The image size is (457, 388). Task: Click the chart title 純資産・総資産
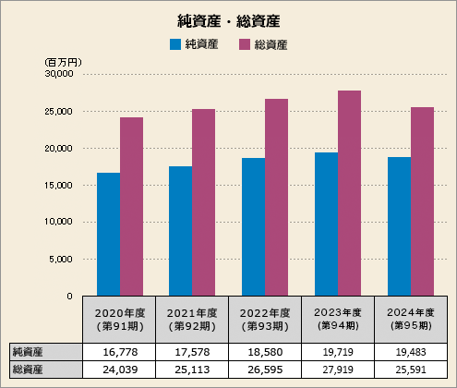tap(228, 19)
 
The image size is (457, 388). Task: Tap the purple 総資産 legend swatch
tap(246, 44)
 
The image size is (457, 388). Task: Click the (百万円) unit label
tap(63, 61)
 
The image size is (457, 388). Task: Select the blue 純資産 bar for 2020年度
tap(108, 234)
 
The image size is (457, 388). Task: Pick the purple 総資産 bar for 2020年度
tap(131, 206)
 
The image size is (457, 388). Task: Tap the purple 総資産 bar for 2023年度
tap(349, 192)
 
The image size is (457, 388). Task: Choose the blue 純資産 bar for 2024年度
tap(399, 225)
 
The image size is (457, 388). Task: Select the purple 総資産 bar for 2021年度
tap(203, 202)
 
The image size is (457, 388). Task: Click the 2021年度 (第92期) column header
tap(192, 319)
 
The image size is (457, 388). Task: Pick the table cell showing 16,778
tap(119, 352)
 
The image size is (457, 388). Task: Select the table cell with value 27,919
tap(338, 370)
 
